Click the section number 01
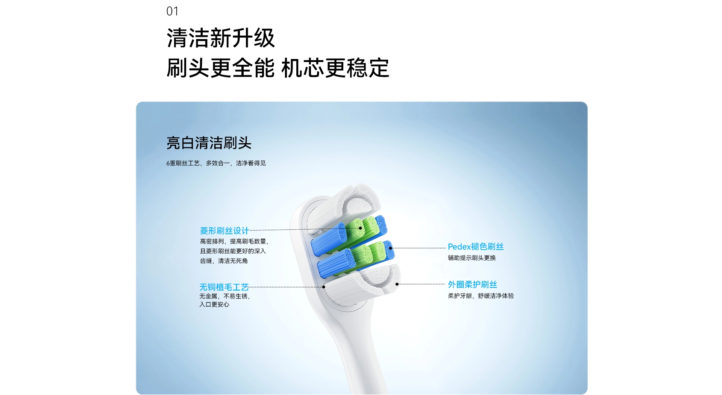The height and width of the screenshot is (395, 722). (172, 11)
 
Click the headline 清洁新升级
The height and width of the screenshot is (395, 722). (221, 38)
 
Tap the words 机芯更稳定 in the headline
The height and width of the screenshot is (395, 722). (335, 68)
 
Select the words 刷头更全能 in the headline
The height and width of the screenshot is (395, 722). (221, 68)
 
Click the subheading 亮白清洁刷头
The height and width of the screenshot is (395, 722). (209, 143)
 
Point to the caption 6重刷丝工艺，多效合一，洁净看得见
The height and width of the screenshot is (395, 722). (216, 163)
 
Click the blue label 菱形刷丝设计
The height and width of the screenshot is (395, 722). (224, 230)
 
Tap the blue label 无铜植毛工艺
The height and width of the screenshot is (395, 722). (224, 287)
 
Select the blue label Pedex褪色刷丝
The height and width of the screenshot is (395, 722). (476, 247)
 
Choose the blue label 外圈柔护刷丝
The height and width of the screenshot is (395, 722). (472, 285)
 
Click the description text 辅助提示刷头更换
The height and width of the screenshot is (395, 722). (472, 258)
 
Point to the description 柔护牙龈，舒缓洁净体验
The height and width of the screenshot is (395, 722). (481, 296)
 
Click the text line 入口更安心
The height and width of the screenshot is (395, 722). (214, 304)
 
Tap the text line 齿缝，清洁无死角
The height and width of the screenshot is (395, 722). (224, 261)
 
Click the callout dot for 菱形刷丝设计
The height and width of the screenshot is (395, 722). (360, 228)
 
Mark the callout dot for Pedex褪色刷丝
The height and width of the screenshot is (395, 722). (391, 248)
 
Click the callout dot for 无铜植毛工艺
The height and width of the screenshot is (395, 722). (324, 287)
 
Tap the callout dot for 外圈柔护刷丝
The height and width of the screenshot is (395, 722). (397, 285)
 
